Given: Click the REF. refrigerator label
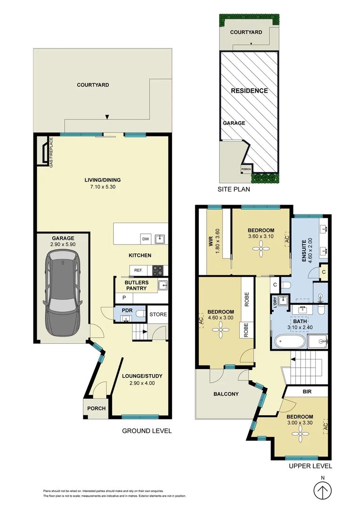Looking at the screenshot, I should tap(138, 271).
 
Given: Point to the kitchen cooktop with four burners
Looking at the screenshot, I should tap(157, 271).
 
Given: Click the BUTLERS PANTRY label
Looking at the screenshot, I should tap(136, 286).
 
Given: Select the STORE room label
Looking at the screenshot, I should tap(158, 314).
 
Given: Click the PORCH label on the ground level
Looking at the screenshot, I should tap(97, 408).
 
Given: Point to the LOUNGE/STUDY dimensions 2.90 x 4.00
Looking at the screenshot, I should tap(142, 383).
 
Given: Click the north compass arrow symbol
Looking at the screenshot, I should tap(323, 493).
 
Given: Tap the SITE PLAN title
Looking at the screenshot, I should tap(234, 189).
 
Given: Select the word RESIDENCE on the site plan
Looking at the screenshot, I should tap(249, 90).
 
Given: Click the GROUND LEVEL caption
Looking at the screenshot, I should tap(147, 431).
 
